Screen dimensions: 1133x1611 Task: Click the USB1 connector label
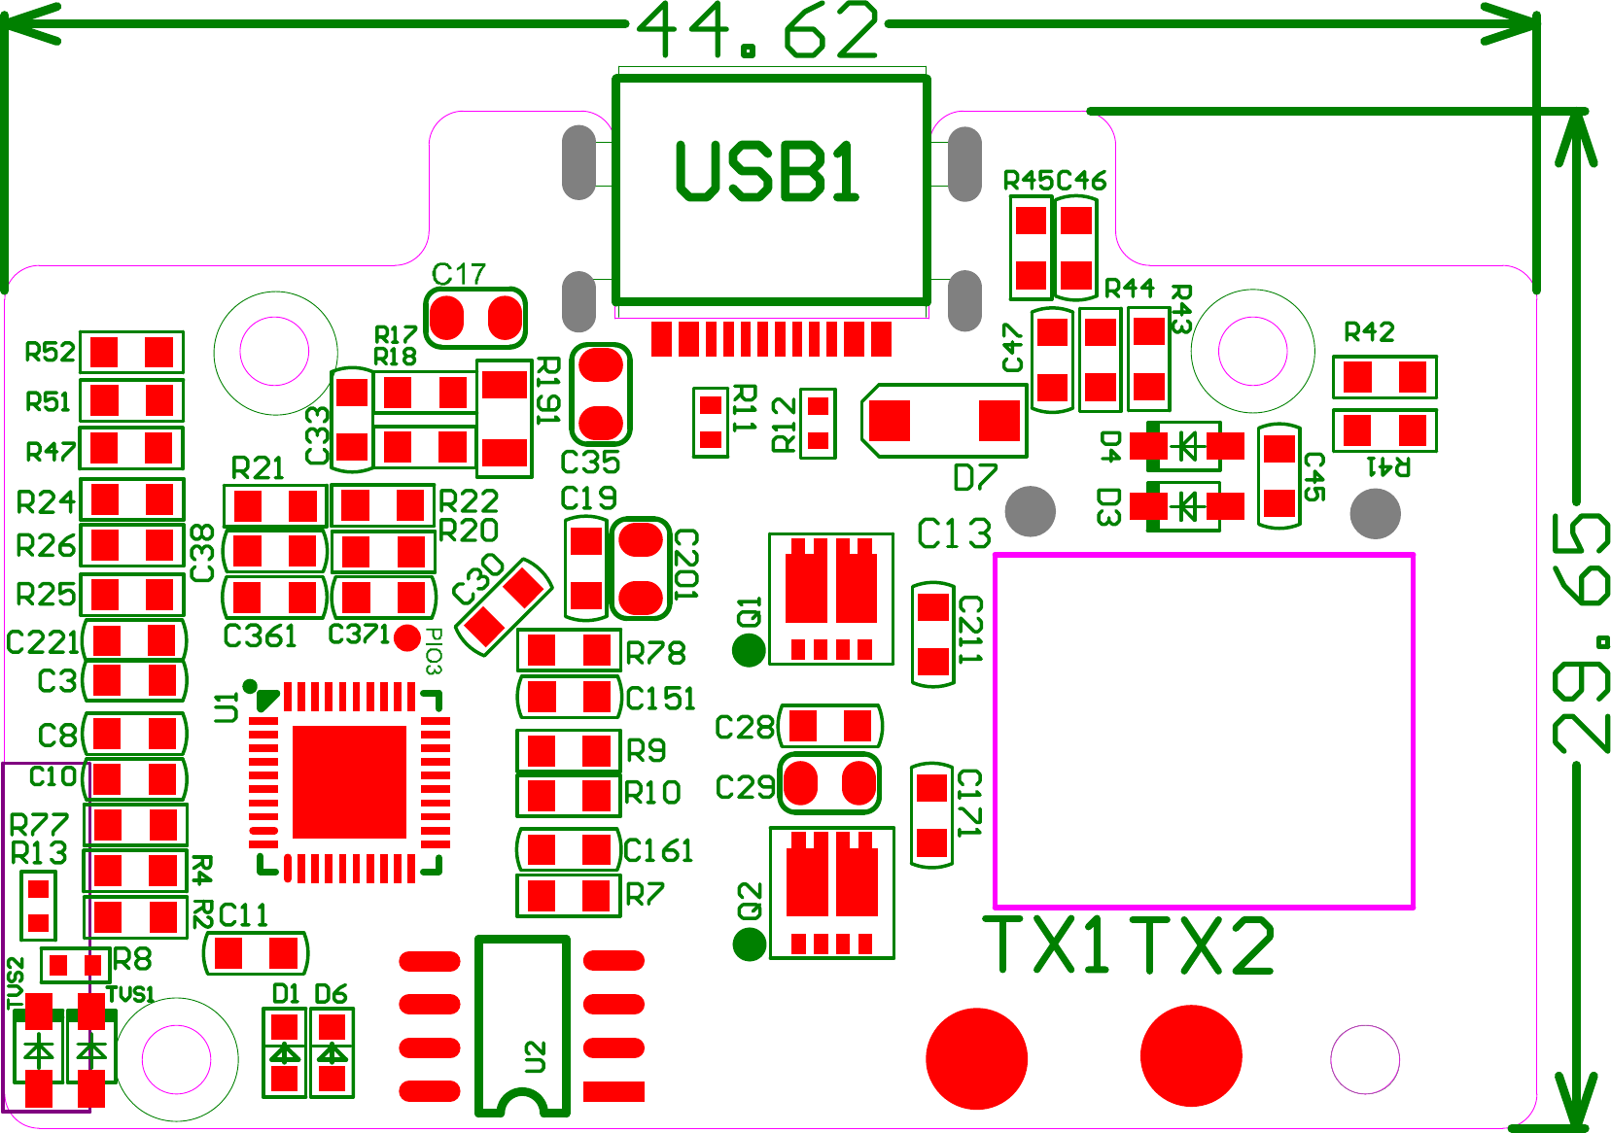[x=767, y=172]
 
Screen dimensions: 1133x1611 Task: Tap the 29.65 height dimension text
[x=1580, y=633]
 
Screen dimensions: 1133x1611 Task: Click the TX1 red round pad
[x=976, y=1057]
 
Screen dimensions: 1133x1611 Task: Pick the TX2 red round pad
[x=1190, y=1055]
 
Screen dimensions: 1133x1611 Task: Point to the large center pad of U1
[x=349, y=781]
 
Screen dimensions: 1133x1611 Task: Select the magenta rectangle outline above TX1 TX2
[x=1204, y=731]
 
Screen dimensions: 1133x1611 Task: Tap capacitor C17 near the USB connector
[x=476, y=318]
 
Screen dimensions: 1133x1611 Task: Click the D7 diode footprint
[x=944, y=421]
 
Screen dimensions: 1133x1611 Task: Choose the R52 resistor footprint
[x=131, y=352]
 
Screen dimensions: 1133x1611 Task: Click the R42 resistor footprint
[x=1384, y=376]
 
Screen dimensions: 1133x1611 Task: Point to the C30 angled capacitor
[x=504, y=606]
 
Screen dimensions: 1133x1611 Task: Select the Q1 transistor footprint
[x=831, y=598]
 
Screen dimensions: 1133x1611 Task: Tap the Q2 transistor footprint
[x=831, y=892]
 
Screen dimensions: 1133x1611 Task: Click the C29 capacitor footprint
[x=829, y=783]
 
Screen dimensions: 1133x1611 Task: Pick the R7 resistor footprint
[x=569, y=895]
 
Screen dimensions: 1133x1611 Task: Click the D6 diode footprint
[x=333, y=1052]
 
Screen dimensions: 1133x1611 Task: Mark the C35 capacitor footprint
[x=601, y=394]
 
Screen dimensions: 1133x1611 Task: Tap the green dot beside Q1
[x=748, y=650]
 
